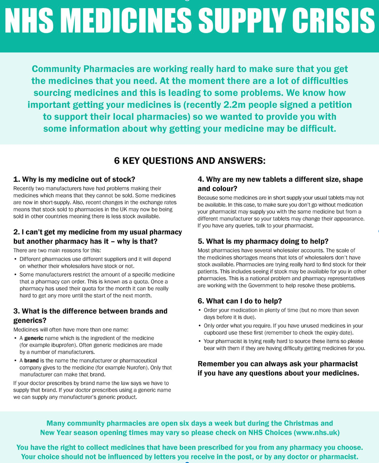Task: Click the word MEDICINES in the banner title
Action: (128, 21)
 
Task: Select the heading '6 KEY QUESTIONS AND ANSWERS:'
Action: (189, 161)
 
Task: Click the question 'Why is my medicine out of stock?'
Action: (78, 179)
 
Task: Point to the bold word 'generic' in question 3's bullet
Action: (34, 338)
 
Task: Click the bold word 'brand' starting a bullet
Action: (31, 361)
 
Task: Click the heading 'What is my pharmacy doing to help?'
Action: (267, 242)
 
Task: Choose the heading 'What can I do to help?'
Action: (244, 301)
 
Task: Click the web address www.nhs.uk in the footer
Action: (317, 433)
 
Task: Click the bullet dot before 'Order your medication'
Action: (200, 310)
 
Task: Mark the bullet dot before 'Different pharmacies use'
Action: (15, 259)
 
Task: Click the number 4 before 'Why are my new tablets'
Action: (200, 179)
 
